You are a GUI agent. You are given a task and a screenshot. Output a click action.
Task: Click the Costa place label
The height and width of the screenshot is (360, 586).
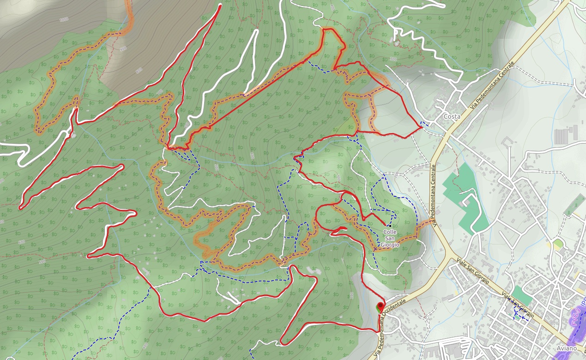(452, 117)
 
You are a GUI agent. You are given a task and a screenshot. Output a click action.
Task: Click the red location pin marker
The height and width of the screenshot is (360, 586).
(381, 306)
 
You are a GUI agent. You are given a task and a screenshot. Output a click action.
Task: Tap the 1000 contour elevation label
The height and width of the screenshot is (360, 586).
(64, 19)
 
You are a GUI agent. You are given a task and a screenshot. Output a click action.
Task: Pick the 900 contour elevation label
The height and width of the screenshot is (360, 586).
(123, 49)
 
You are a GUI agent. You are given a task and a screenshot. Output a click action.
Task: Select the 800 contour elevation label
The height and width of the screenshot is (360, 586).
(139, 70)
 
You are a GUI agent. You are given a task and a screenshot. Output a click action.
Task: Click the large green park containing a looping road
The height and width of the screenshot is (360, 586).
(464, 199)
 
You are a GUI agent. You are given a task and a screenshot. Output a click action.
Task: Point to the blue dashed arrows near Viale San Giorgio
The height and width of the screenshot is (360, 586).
(517, 314)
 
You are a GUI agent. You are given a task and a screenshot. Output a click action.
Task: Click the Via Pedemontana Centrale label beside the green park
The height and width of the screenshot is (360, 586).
(435, 194)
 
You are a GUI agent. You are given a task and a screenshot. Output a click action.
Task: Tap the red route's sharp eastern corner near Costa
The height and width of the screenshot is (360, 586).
(422, 126)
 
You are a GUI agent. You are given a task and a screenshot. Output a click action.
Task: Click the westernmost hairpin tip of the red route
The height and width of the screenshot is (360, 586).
(21, 208)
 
